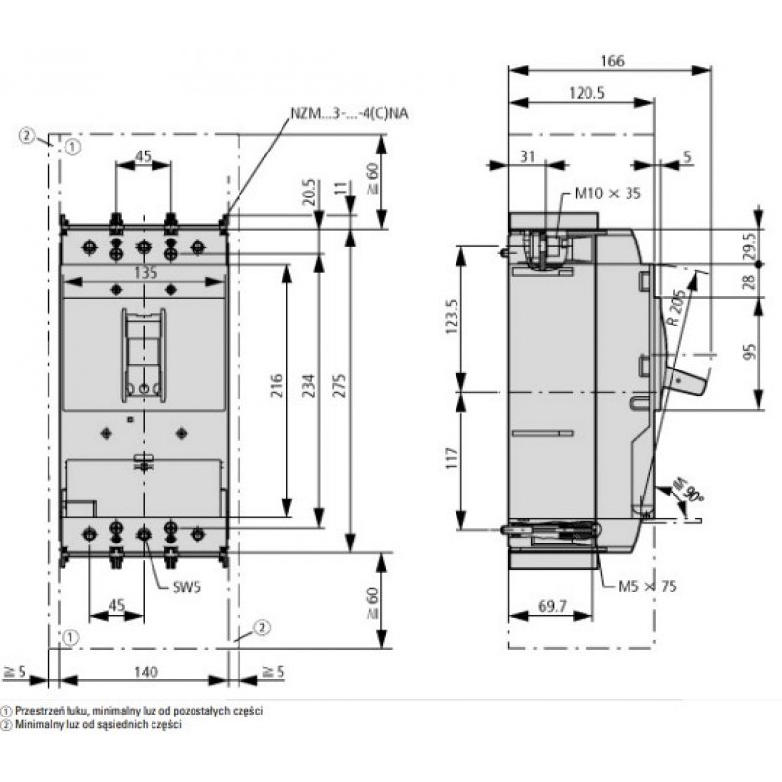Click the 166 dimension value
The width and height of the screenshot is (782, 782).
[611, 61]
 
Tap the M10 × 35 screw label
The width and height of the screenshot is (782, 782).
[606, 194]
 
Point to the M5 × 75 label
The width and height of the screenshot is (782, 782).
[646, 586]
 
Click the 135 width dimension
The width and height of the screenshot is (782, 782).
[145, 274]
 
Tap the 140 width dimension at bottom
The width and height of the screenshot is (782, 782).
[145, 672]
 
